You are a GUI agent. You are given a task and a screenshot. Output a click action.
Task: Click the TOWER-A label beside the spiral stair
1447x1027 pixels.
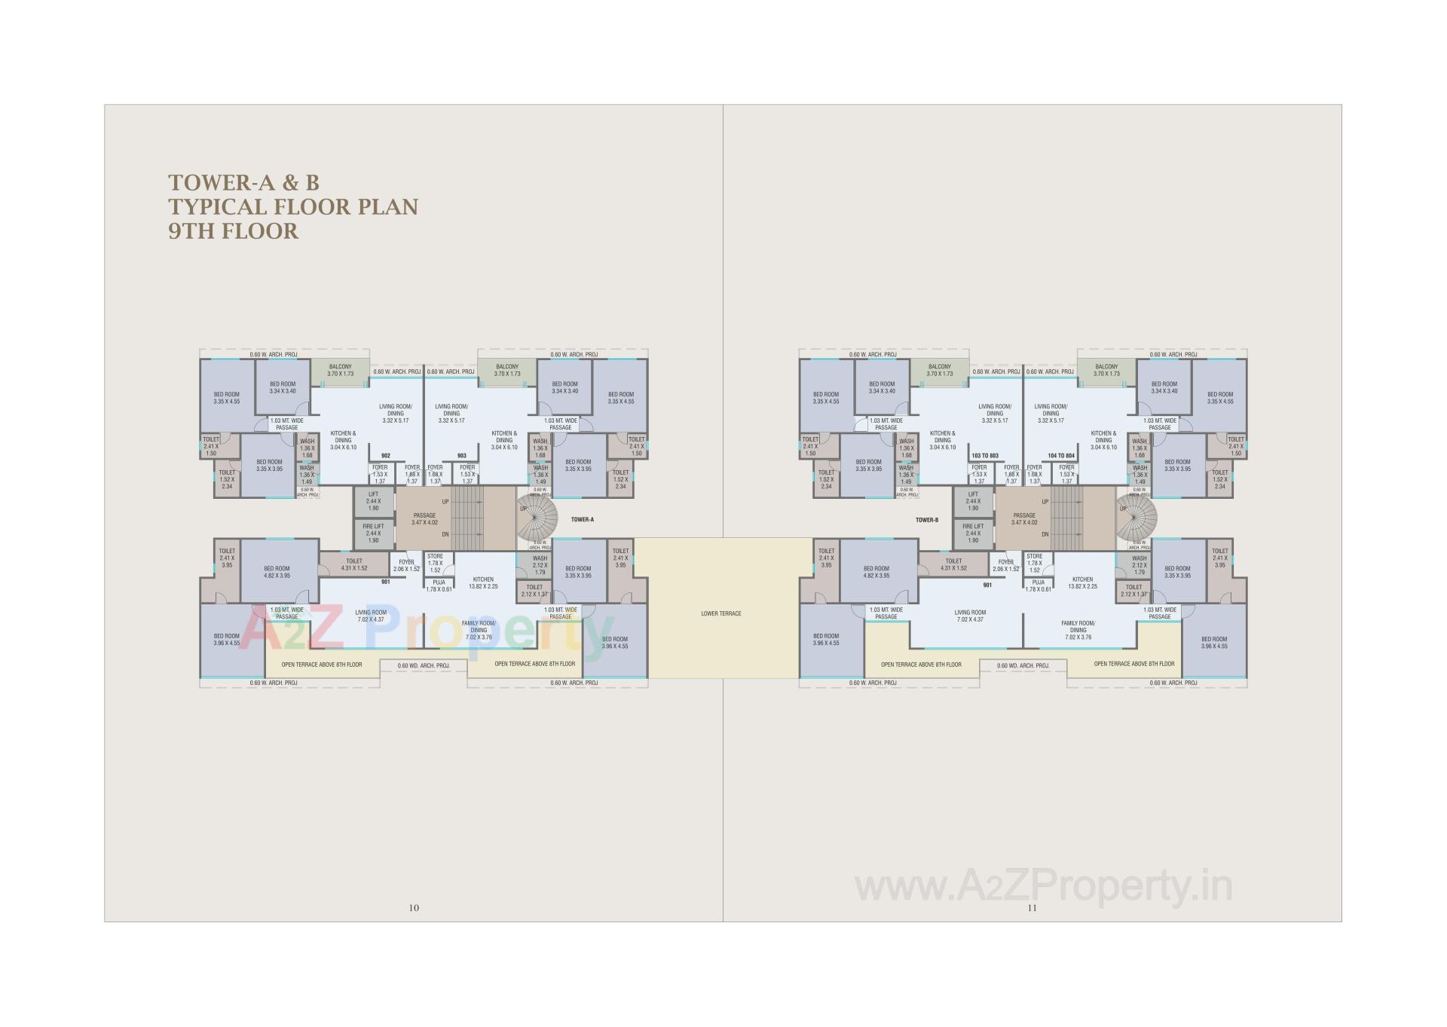pyautogui.click(x=583, y=520)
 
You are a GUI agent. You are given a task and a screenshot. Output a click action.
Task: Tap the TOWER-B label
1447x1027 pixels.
pyautogui.click(x=926, y=520)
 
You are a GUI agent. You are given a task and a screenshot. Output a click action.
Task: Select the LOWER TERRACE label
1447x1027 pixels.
pyautogui.click(x=721, y=613)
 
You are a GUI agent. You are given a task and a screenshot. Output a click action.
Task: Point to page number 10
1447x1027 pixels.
pyautogui.click(x=414, y=908)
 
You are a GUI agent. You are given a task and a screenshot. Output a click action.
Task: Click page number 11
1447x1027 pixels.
pyautogui.click(x=1032, y=908)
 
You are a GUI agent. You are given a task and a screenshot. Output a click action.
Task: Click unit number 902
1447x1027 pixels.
pyautogui.click(x=386, y=456)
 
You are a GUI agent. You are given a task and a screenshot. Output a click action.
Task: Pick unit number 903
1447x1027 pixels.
pyautogui.click(x=462, y=456)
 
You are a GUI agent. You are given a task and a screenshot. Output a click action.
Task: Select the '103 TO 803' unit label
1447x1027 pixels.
pyautogui.click(x=985, y=456)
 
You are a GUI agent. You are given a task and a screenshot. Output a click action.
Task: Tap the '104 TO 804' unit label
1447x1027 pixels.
pyautogui.click(x=1061, y=456)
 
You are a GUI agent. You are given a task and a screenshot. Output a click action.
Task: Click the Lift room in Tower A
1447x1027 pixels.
pyautogui.click(x=373, y=502)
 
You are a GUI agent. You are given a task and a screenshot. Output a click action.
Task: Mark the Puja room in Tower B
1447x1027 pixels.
pyautogui.click(x=1038, y=585)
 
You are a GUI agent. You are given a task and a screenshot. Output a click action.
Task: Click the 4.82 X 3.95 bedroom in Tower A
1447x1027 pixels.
pyautogui.click(x=277, y=573)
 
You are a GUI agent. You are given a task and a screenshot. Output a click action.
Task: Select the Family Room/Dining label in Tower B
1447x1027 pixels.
pyautogui.click(x=1078, y=630)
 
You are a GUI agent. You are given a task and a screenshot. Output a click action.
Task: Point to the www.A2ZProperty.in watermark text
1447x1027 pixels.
pyautogui.click(x=1043, y=887)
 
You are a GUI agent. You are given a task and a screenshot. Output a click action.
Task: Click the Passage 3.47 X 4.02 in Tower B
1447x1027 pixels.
pyautogui.click(x=1024, y=519)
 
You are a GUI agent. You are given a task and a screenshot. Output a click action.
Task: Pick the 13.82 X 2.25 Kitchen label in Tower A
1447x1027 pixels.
pyautogui.click(x=483, y=582)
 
